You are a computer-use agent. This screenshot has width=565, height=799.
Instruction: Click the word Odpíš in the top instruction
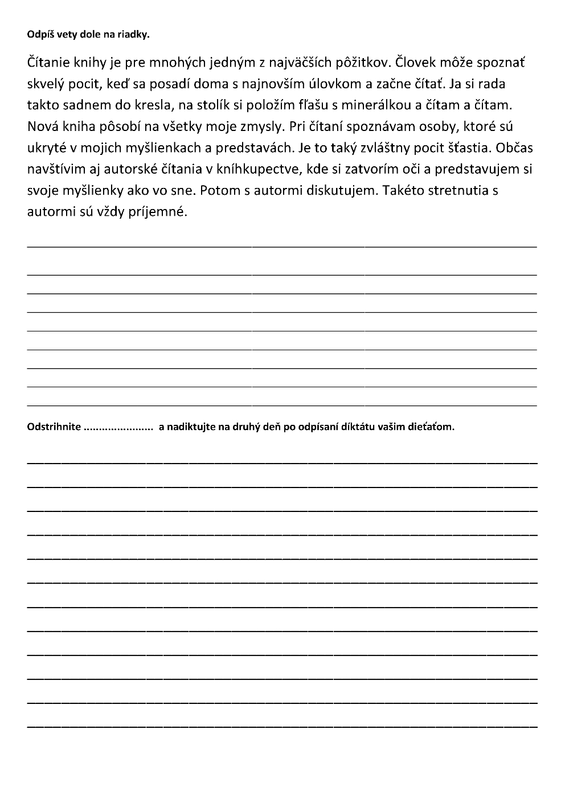click(x=39, y=35)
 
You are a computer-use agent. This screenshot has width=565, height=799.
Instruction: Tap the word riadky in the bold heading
click(x=135, y=35)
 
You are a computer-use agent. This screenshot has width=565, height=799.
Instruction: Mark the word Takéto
click(x=403, y=190)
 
